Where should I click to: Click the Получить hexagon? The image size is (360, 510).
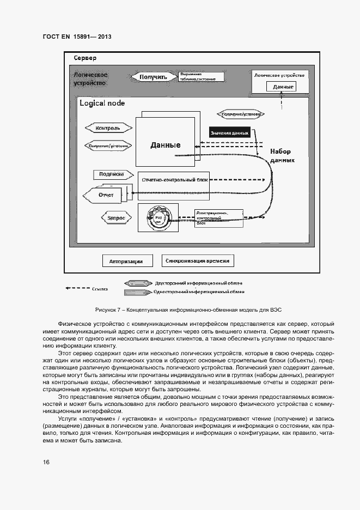153,77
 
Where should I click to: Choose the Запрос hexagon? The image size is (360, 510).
115,217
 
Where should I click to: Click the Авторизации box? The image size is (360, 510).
126,261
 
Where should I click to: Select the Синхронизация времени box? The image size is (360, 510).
198,260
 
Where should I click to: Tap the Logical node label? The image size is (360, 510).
102,104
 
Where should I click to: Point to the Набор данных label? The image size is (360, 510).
282,156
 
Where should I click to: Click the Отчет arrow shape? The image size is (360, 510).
103,195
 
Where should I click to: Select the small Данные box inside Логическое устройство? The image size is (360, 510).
283,87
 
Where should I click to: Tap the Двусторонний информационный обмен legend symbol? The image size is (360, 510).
138,283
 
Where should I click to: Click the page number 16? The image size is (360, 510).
46,462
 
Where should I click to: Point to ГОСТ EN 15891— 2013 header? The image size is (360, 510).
77,37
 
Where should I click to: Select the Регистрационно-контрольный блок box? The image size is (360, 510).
218,216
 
